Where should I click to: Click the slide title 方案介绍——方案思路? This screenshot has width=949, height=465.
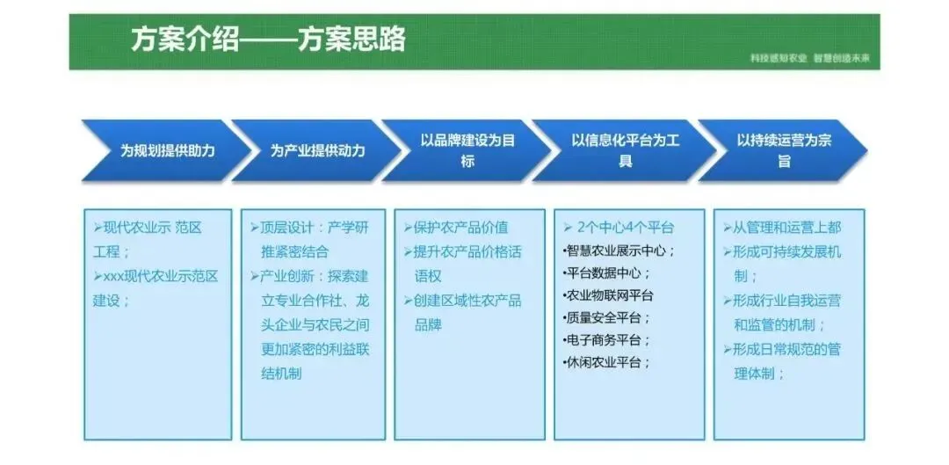[x=268, y=40]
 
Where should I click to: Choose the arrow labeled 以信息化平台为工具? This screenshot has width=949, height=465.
[x=625, y=150]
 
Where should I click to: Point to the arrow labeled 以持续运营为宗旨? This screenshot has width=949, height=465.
[x=783, y=150]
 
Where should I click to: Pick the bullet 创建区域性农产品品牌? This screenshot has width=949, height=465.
[x=467, y=312]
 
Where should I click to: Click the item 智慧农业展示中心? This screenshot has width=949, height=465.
[x=619, y=251]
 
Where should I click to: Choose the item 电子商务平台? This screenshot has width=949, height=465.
[x=606, y=340]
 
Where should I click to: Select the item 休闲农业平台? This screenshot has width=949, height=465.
[x=606, y=362]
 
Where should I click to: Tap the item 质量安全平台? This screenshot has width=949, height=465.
[x=606, y=317]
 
